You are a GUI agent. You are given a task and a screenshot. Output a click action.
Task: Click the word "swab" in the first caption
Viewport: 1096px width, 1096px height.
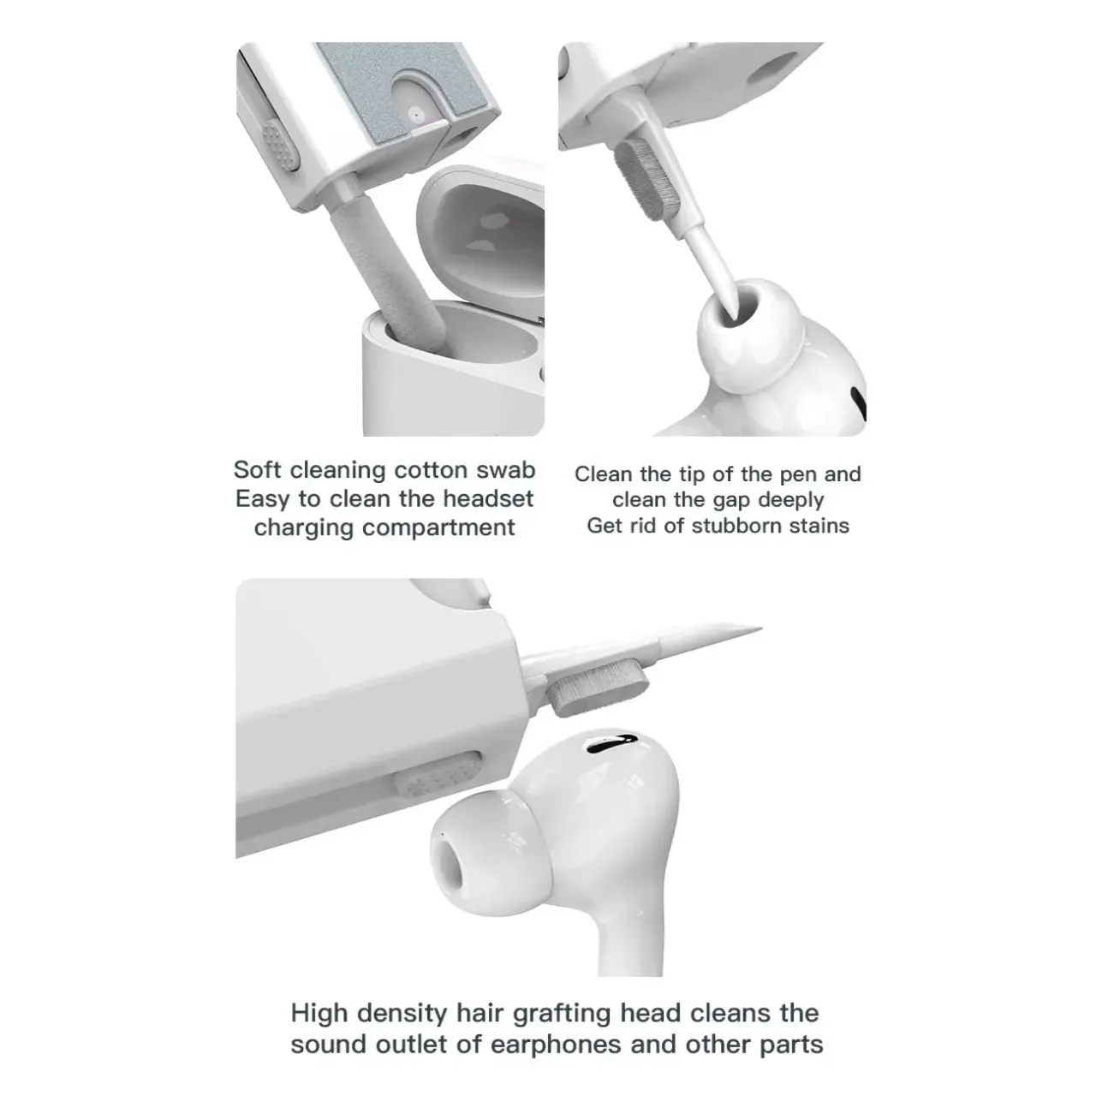[506, 470]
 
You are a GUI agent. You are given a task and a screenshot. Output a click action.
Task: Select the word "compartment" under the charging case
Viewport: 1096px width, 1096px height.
[438, 527]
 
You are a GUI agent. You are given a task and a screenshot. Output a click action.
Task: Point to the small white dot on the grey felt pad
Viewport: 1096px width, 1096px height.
[416, 114]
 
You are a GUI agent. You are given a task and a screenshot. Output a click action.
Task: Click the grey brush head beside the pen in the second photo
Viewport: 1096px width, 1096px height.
[647, 179]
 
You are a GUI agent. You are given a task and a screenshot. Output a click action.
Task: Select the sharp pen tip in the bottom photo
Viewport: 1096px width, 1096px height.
[759, 628]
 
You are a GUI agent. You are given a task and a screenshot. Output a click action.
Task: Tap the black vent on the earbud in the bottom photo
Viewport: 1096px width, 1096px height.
[611, 741]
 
